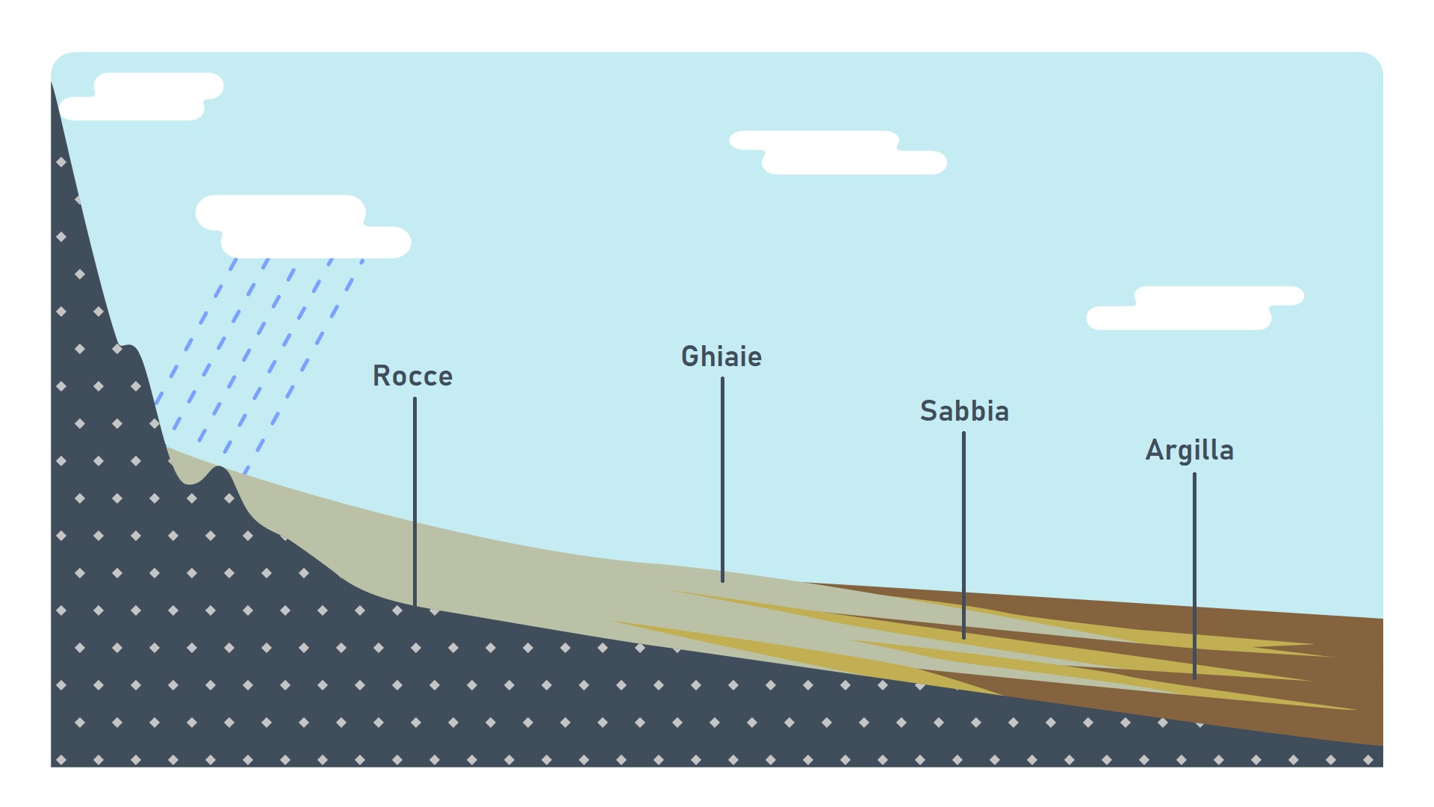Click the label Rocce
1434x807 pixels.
[412, 376]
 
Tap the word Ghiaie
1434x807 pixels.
[721, 357]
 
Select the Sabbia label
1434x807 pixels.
[963, 411]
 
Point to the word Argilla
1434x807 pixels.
[1189, 451]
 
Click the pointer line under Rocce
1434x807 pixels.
[415, 501]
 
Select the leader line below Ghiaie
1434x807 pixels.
[722, 478]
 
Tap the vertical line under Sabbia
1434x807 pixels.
[963, 534]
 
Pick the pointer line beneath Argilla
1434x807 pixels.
[1194, 575]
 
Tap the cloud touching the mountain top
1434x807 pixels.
[142, 97]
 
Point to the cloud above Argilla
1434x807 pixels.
[1195, 308]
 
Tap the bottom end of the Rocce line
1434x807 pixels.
[415, 604]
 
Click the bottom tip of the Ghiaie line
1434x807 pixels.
[722, 579]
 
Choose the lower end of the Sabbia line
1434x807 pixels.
[963, 637]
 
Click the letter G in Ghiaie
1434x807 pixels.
[690, 357]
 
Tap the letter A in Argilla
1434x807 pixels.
[1155, 451]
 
